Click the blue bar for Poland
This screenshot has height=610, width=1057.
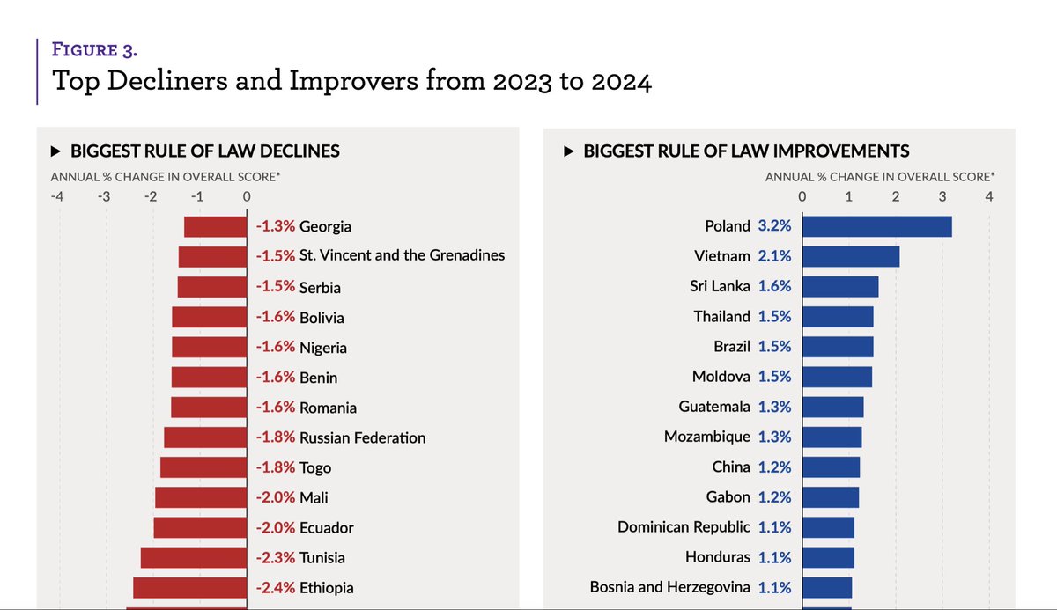click(x=876, y=226)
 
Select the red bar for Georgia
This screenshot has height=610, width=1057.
click(x=215, y=226)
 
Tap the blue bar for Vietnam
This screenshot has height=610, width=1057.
click(x=850, y=256)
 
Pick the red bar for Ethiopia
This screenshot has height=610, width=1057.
click(x=189, y=587)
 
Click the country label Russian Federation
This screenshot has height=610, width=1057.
click(x=362, y=437)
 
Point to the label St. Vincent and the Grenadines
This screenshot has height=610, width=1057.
click(x=402, y=255)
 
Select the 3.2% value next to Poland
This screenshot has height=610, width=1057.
click(x=774, y=226)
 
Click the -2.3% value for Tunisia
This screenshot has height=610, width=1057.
click(x=276, y=557)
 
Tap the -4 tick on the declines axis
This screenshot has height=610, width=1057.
click(x=57, y=196)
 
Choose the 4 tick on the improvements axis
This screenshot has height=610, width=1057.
click(x=989, y=196)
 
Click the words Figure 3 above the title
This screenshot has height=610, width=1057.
click(x=94, y=49)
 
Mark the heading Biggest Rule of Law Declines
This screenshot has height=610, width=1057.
click(x=204, y=151)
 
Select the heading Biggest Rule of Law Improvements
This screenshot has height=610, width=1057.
click(x=746, y=151)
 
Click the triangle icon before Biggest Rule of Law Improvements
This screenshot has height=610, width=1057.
click(x=569, y=151)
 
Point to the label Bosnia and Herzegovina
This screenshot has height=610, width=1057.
click(x=669, y=587)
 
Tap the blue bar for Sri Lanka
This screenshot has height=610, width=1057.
click(x=839, y=286)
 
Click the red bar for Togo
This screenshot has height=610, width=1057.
click(x=203, y=467)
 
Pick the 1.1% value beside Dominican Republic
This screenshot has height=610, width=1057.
click(x=774, y=527)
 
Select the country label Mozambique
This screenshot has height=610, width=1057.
click(x=706, y=437)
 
